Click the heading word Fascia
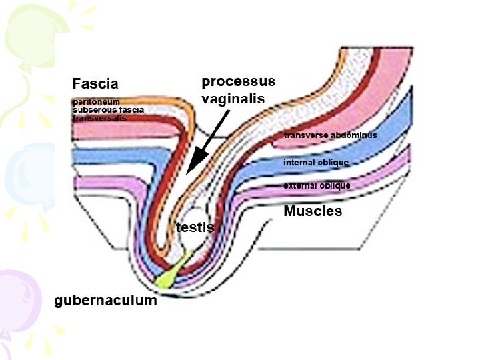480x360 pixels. [95, 84]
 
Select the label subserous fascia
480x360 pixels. [108, 110]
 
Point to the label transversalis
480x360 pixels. [99, 118]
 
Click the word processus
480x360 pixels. [238, 83]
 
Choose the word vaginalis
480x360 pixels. [233, 98]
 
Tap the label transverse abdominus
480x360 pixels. [330, 135]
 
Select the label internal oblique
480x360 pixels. [316, 162]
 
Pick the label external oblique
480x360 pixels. [317, 185]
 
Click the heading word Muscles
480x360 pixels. [313, 211]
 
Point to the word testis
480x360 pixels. [195, 227]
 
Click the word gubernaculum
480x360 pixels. [105, 301]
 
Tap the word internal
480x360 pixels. [299, 162]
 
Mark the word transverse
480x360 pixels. [305, 135]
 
